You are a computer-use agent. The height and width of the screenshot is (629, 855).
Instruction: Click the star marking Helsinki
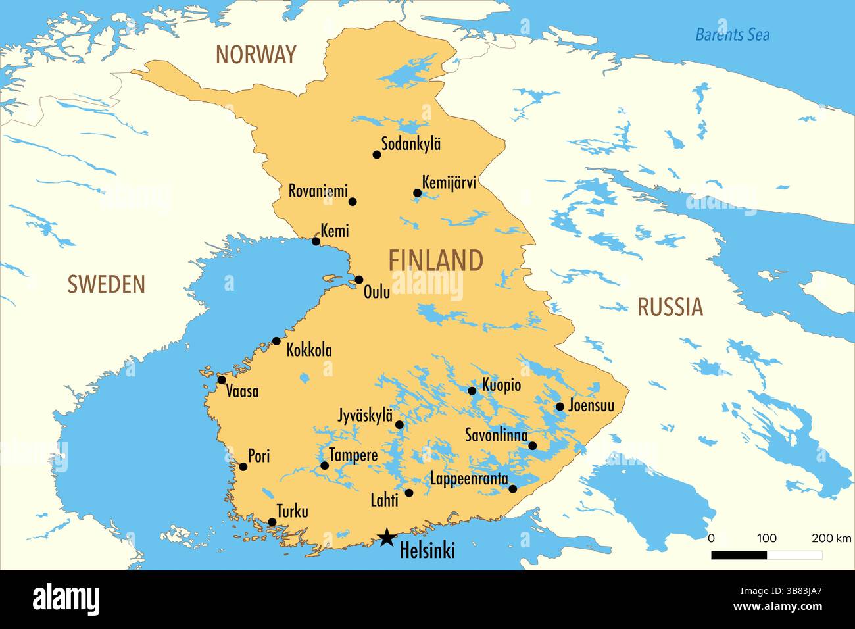(387, 538)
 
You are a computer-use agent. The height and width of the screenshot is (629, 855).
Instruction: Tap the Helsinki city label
(427, 551)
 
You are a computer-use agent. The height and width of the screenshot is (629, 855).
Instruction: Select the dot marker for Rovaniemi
(353, 201)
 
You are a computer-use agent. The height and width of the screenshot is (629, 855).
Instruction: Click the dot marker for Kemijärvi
(417, 193)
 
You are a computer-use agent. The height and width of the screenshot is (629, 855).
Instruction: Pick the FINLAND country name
(435, 261)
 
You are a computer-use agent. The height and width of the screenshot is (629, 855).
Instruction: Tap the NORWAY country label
(256, 55)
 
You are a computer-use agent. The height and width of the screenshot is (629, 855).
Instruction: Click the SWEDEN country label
(106, 284)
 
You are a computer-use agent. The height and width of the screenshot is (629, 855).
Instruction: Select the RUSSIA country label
(670, 307)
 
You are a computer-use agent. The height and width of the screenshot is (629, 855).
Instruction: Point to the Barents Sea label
(732, 34)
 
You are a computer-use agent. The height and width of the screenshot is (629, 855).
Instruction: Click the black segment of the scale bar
(739, 555)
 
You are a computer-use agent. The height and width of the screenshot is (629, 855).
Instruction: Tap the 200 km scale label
(831, 538)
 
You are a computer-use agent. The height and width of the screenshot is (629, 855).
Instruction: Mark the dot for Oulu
(359, 280)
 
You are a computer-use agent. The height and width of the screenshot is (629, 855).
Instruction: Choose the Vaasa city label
(242, 391)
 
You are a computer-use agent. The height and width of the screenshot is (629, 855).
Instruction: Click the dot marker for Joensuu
(560, 407)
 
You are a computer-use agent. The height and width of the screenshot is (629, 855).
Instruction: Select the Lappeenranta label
(469, 478)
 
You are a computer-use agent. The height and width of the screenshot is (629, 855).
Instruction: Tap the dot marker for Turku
(272, 522)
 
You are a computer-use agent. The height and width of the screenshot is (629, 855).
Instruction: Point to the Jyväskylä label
(365, 416)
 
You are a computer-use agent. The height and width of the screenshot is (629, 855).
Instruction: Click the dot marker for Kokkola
(276, 341)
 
